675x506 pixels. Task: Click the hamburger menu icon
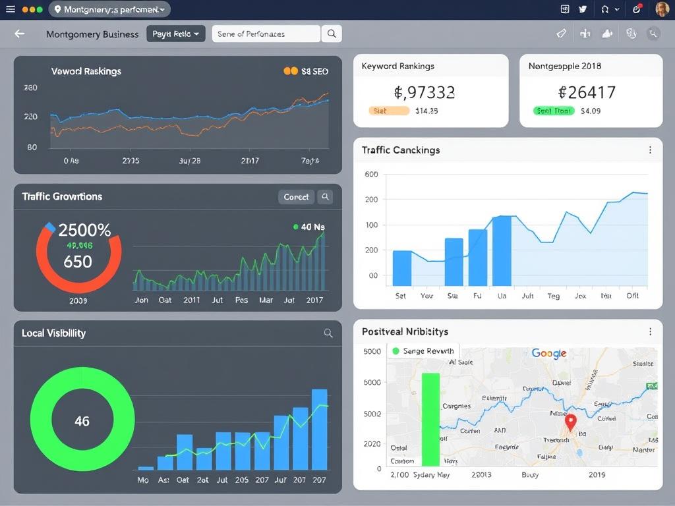tap(10, 9)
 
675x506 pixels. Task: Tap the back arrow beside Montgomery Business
tap(20, 34)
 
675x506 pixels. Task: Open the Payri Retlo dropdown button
tap(176, 34)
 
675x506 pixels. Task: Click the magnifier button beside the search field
tap(332, 34)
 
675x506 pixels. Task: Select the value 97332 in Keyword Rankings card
tap(425, 92)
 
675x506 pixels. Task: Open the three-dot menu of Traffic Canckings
tap(650, 150)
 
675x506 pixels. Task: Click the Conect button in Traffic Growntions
tap(296, 196)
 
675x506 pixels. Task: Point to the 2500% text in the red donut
tap(84, 230)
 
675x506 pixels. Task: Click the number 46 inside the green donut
tap(82, 421)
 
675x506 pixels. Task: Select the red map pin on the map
tap(571, 422)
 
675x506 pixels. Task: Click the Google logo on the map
tap(549, 354)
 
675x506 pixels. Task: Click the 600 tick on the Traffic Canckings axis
tap(371, 175)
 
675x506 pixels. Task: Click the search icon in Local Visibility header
tap(328, 333)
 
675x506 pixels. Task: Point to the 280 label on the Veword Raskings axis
tap(30, 88)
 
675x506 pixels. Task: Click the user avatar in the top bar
tap(662, 9)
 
